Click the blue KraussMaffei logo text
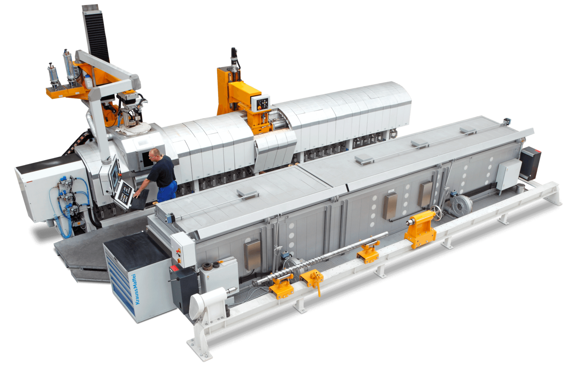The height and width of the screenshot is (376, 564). click(x=134, y=289)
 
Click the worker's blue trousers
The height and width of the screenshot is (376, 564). click(x=167, y=192)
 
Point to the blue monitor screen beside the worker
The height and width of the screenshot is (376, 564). click(x=115, y=174)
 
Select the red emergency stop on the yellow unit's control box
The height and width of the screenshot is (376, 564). click(x=259, y=108)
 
